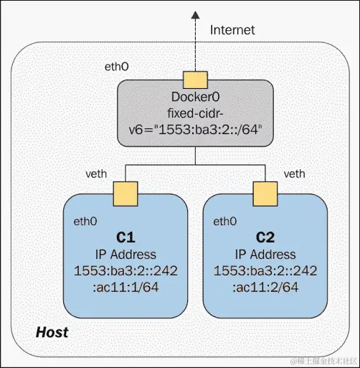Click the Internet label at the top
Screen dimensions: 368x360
tap(232, 30)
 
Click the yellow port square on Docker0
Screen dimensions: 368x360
tap(194, 79)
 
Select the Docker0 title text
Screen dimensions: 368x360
tap(194, 98)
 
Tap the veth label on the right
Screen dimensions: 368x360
tap(295, 174)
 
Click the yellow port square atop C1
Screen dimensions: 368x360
tap(126, 192)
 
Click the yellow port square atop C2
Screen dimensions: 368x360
tap(264, 192)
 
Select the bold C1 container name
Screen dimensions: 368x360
tap(126, 237)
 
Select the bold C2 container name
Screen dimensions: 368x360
tap(265, 237)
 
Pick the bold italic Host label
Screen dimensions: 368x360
tap(52, 331)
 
